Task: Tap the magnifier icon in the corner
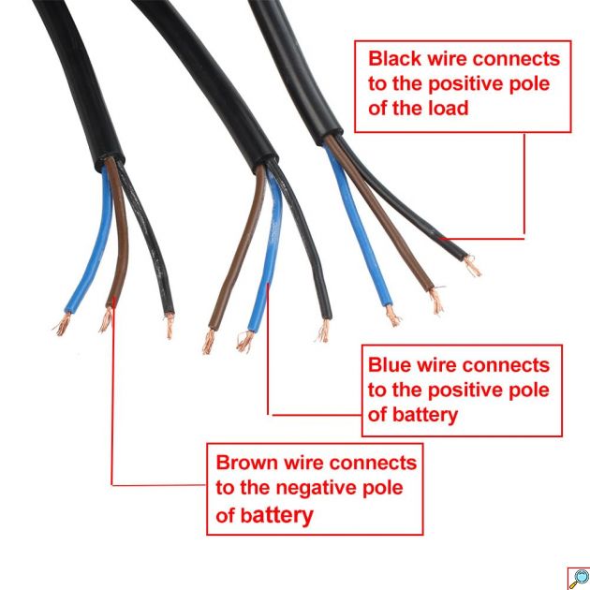click(x=577, y=577)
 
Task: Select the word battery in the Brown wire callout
click(x=277, y=515)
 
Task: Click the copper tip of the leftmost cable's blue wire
click(x=62, y=326)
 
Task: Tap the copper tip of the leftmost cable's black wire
click(x=170, y=327)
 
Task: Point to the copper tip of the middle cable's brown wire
click(x=210, y=343)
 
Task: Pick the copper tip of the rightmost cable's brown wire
click(x=436, y=302)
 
